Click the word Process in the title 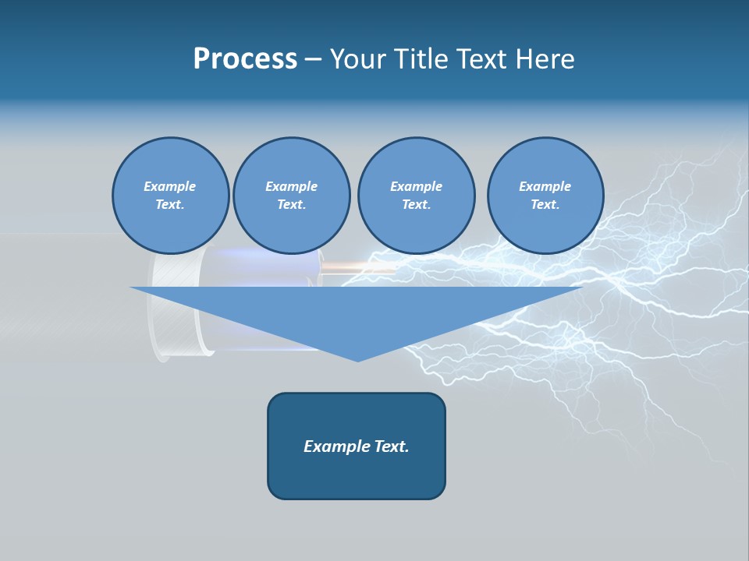pos(245,59)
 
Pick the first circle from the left pos(170,196)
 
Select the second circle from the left pos(291,196)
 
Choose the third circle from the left pos(416,196)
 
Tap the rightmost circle pos(545,196)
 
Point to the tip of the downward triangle pos(358,359)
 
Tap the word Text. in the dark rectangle pos(390,446)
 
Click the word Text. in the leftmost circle pos(170,205)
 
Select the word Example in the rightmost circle pos(545,186)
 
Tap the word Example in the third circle pos(416,186)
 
